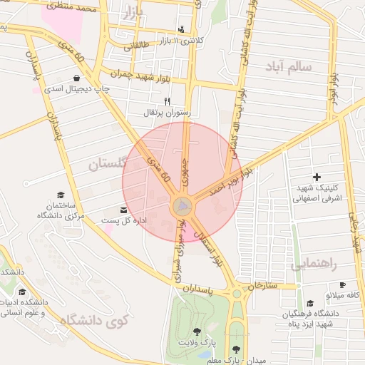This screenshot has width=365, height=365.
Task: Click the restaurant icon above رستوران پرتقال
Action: tap(167, 101)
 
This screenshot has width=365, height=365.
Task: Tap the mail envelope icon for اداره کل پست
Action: tap(124, 210)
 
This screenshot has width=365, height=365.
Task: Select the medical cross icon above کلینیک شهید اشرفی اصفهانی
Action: tap(317, 176)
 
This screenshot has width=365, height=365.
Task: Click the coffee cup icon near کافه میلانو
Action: tap(342, 284)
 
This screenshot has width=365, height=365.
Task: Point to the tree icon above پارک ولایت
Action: tap(197, 331)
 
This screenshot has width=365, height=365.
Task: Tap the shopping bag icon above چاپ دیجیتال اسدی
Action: tap(76, 78)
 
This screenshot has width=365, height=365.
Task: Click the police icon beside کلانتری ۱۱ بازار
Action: tap(180, 29)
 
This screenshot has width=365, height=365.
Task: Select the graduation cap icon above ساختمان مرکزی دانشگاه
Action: tap(61, 195)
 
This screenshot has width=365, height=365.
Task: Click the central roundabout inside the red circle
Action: tap(182, 207)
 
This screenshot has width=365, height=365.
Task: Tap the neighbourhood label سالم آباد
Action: tap(287, 66)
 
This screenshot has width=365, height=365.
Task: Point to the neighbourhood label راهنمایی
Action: tap(314, 264)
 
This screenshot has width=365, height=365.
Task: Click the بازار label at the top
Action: tap(133, 13)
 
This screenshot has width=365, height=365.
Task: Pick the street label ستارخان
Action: tap(261, 286)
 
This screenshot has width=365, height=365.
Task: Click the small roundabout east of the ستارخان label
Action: tap(237, 293)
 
